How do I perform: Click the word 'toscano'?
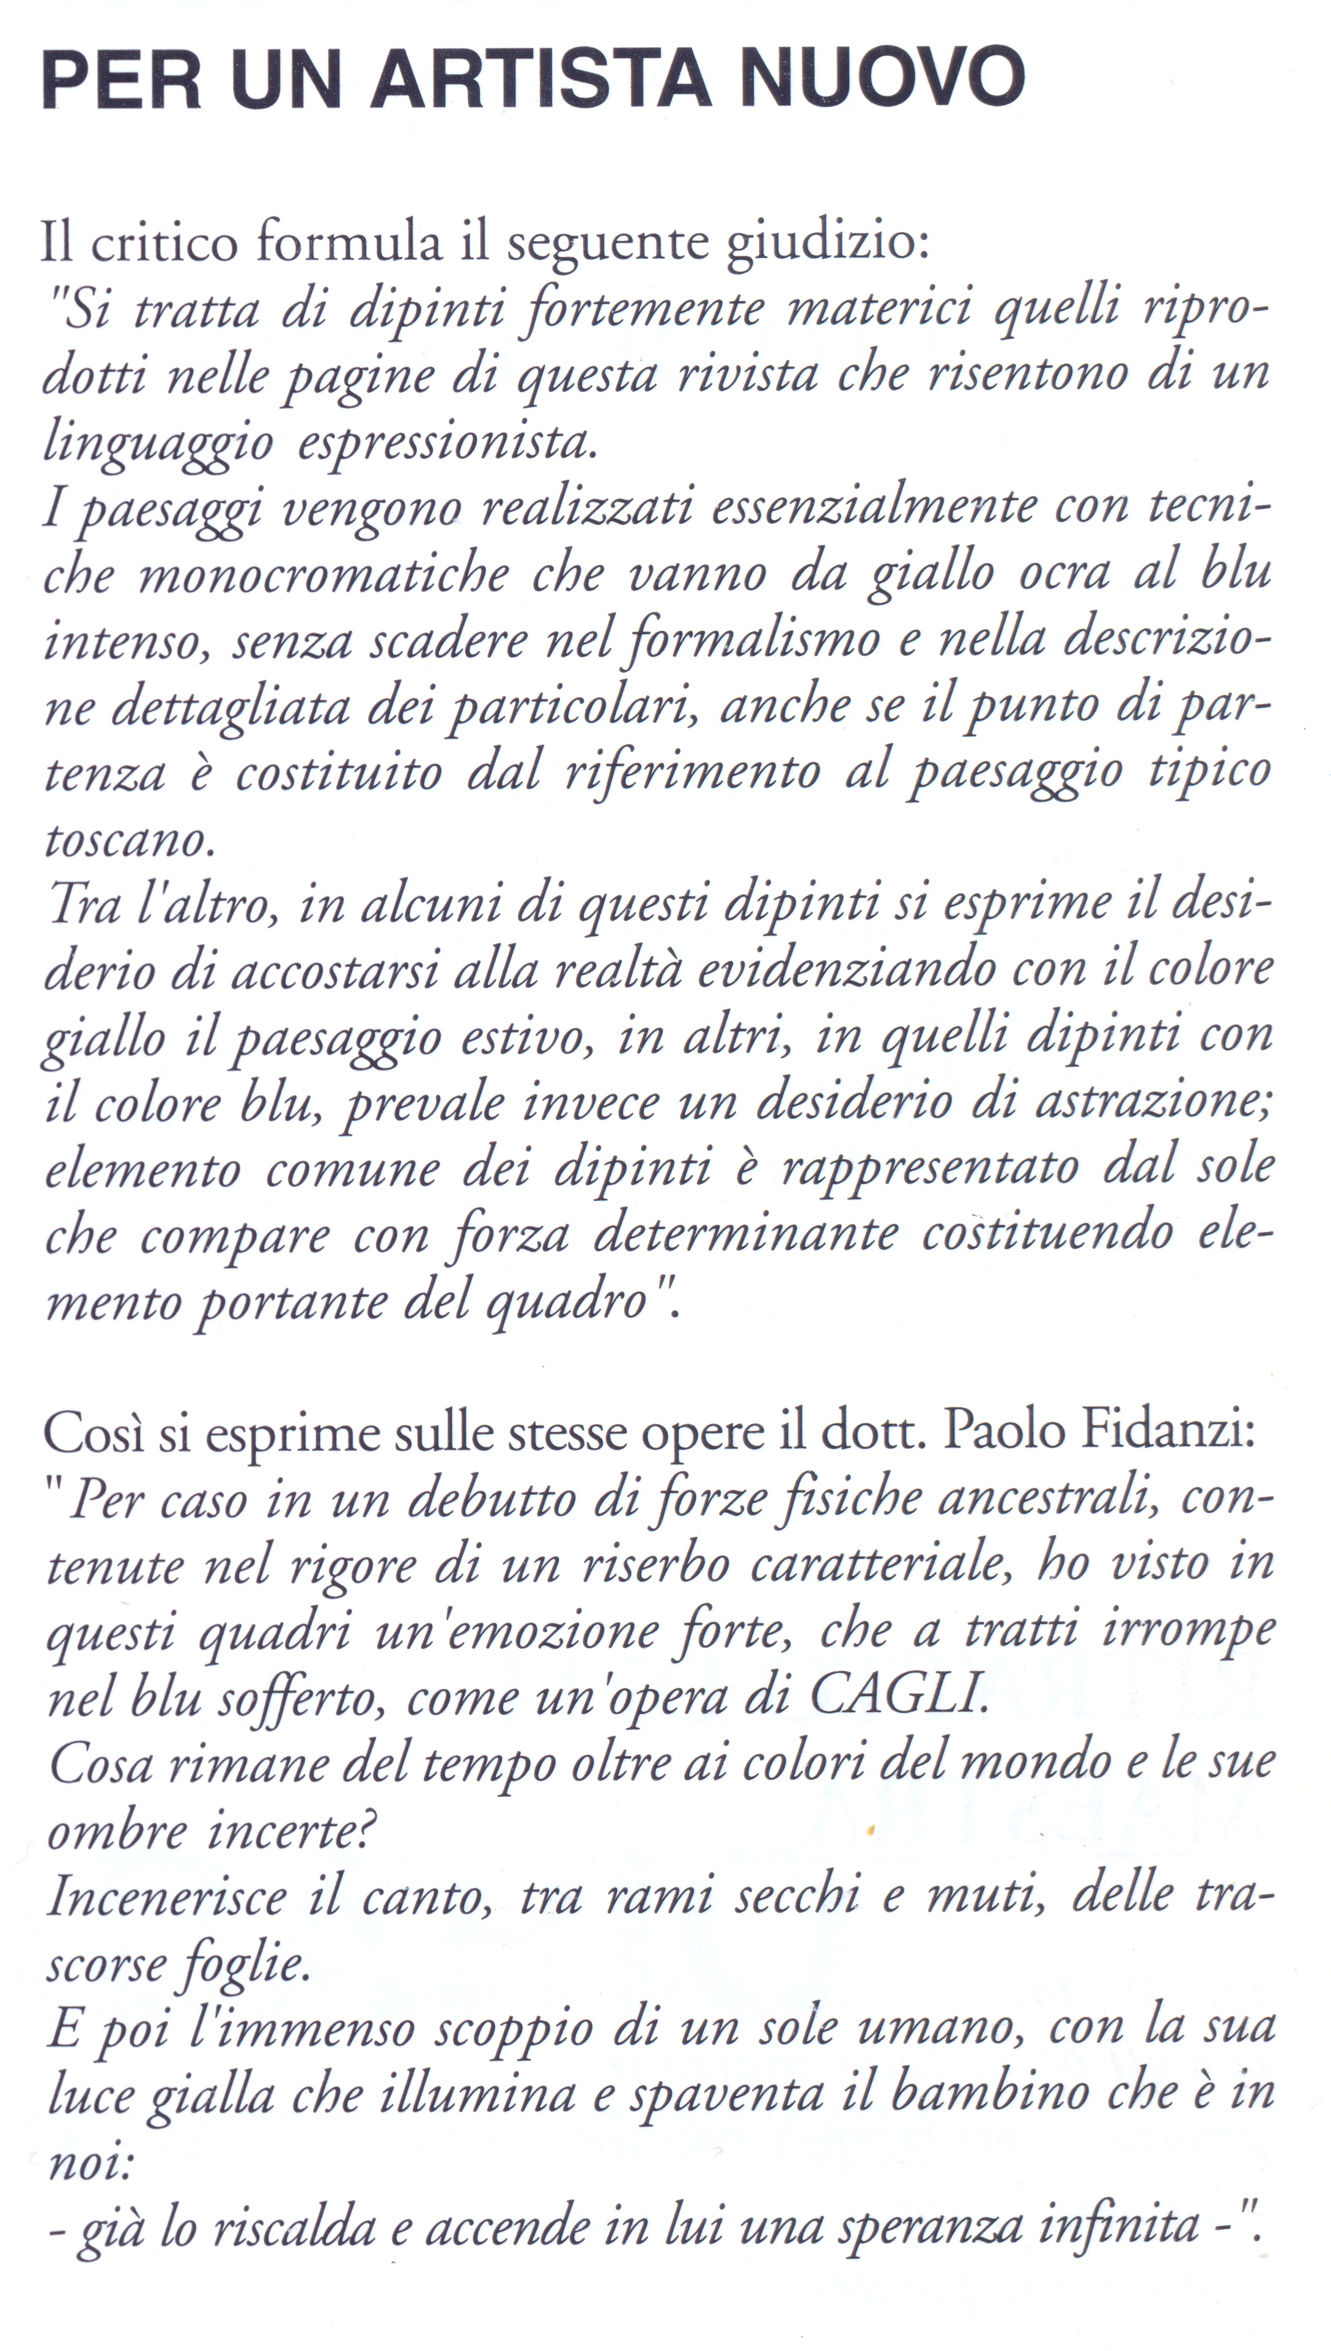tap(128, 839)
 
